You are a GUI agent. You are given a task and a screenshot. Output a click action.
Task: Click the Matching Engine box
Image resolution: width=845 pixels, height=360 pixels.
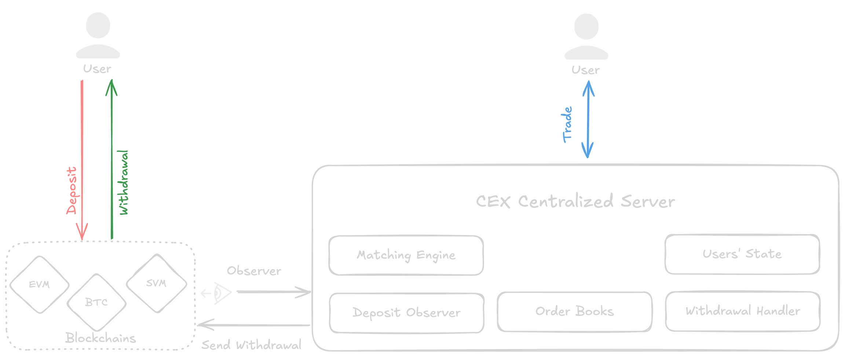coord(406,255)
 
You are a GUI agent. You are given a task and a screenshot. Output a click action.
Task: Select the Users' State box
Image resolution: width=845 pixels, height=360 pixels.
coord(742,254)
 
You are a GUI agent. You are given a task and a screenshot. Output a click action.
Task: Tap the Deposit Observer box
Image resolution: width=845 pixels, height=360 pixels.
coord(406,313)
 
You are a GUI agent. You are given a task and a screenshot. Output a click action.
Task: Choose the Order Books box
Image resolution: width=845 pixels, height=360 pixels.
coord(574,312)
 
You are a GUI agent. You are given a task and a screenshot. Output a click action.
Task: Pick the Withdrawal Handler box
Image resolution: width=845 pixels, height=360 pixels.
coord(743,311)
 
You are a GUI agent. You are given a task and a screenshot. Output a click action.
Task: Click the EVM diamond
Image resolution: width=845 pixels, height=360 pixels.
coord(39,284)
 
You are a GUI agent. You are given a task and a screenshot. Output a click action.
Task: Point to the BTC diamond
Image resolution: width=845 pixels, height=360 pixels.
coord(96,302)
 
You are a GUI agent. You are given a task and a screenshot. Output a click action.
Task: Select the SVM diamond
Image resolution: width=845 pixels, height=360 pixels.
coord(157,283)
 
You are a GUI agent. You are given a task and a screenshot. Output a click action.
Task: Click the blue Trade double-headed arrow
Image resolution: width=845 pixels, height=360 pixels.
coord(588,119)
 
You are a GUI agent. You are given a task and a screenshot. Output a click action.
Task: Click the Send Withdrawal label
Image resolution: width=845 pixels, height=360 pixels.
coord(251,345)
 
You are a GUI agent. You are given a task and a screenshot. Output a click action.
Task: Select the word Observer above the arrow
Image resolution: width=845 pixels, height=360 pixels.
coord(254,271)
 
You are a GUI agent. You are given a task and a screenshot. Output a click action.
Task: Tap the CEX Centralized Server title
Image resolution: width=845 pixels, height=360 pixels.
coord(575,201)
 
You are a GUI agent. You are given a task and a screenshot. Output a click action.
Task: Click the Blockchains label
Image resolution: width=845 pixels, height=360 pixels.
coord(100,338)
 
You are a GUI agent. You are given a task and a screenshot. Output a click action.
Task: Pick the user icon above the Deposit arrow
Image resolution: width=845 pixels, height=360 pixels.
coord(98,36)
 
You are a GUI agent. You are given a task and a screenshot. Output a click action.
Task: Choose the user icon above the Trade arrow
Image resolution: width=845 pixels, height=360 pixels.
coord(586,37)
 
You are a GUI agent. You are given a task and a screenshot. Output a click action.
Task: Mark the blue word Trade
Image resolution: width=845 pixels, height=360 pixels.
coord(567,125)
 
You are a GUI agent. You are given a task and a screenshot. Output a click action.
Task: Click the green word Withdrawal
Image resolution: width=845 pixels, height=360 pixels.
coord(124,182)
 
